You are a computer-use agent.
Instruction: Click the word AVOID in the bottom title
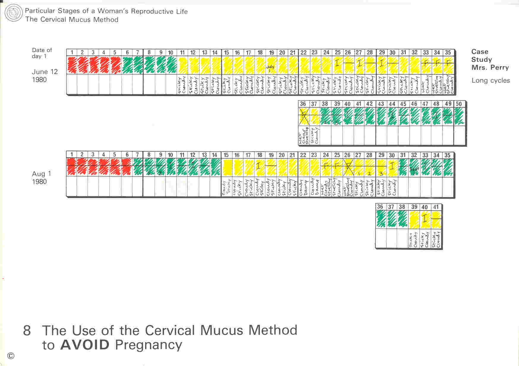pyautogui.click(x=85, y=345)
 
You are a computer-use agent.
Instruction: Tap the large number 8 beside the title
pyautogui.click(x=27, y=331)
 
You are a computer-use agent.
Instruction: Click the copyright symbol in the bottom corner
pyautogui.click(x=11, y=356)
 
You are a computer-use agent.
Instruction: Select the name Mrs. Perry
pyautogui.click(x=490, y=67)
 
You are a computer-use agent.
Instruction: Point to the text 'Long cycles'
pyautogui.click(x=490, y=81)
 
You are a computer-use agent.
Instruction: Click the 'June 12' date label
pyautogui.click(x=45, y=72)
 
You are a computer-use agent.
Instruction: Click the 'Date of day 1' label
pyautogui.click(x=42, y=53)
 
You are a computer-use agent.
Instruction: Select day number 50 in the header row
pyautogui.click(x=459, y=104)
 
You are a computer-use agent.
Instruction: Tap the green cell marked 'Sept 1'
pyautogui.click(x=414, y=168)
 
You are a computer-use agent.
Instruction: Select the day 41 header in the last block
pyautogui.click(x=436, y=207)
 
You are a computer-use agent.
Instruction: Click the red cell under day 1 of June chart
pyautogui.click(x=72, y=65)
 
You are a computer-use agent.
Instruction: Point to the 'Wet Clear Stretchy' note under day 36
pyautogui.click(x=303, y=136)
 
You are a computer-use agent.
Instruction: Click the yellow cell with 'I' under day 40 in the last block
pyautogui.click(x=425, y=219)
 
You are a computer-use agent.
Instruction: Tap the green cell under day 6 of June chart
pyautogui.click(x=127, y=65)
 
